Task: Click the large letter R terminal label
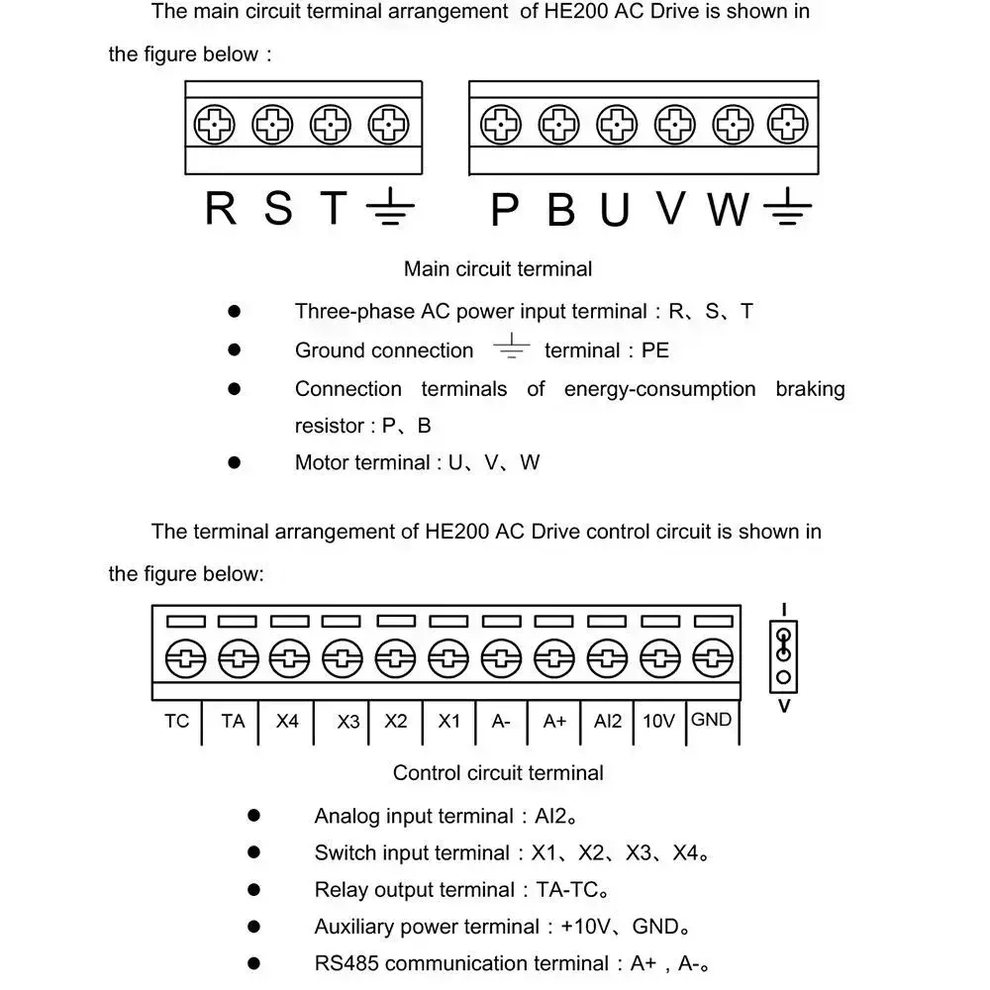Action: (221, 209)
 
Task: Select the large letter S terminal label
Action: (279, 209)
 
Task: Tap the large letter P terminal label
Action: (505, 209)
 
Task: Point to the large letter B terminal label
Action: (560, 209)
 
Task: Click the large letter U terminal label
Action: (615, 209)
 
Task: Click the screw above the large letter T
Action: (331, 126)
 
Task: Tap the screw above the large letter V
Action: (673, 126)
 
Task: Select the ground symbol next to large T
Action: (389, 209)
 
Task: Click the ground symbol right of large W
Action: (788, 209)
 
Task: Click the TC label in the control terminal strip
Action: (176, 721)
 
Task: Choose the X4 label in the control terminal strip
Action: (287, 721)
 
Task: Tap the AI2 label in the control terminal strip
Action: (608, 721)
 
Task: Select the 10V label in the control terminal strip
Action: (658, 721)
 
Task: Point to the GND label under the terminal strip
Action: (711, 720)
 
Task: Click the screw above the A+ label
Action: (554, 657)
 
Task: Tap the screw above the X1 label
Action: (448, 657)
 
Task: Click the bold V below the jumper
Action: (784, 707)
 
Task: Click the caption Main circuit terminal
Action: (498, 268)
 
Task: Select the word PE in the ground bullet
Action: (655, 350)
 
